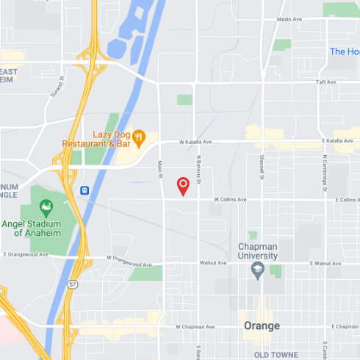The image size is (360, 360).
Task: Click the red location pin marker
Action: (x=184, y=186)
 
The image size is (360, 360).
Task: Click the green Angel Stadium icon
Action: (x=47, y=205)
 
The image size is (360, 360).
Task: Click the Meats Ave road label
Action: (x=289, y=19)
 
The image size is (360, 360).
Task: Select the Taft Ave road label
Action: (x=325, y=82)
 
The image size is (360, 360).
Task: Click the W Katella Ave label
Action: (x=195, y=142)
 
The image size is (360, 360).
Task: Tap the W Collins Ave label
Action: (x=230, y=199)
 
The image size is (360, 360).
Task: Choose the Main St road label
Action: (x=160, y=170)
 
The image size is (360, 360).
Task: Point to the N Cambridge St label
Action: (x=324, y=171)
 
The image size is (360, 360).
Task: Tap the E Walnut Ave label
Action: (x=326, y=263)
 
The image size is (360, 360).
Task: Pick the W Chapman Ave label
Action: (x=195, y=327)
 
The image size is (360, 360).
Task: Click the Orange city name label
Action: (x=262, y=325)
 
